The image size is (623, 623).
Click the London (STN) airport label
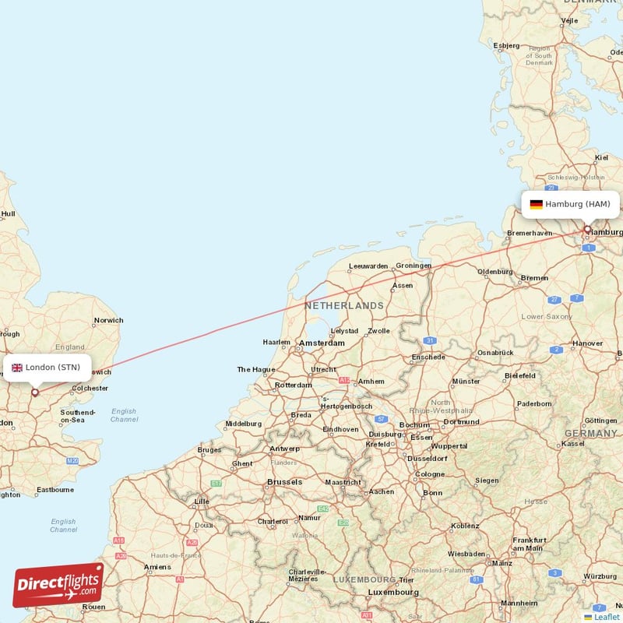(x=52, y=368)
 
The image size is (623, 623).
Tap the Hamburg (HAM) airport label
(x=577, y=204)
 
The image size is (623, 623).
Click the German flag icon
(x=536, y=204)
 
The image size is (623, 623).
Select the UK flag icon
(x=16, y=368)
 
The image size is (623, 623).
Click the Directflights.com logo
(x=58, y=585)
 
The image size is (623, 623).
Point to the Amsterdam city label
(x=321, y=343)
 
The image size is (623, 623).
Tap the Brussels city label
(x=284, y=482)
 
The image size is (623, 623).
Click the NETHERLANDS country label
(x=343, y=306)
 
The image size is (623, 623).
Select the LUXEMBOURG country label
(x=364, y=580)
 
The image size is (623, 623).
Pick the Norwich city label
(x=108, y=320)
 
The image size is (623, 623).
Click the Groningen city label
(x=414, y=266)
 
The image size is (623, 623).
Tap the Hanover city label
(x=587, y=343)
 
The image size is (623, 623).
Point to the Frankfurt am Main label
(x=529, y=544)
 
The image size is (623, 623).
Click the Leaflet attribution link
(x=606, y=617)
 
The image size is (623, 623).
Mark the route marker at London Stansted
(x=35, y=392)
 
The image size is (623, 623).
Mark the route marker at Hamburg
(x=587, y=229)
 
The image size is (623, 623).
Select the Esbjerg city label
(x=505, y=46)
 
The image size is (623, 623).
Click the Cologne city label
(x=430, y=474)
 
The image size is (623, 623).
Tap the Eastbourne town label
(x=55, y=490)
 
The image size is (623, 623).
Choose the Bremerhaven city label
(x=529, y=233)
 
